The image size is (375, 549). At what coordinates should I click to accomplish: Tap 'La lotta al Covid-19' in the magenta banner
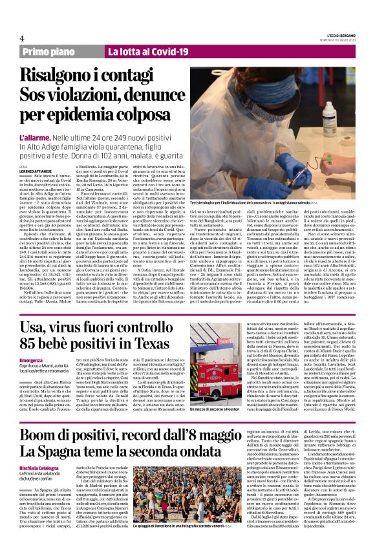tap(142, 50)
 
